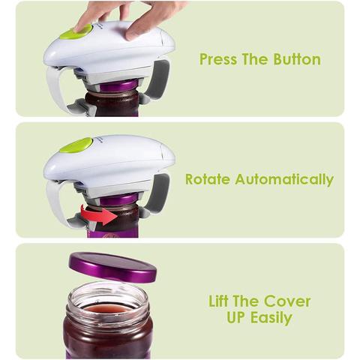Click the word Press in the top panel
coord(218,59)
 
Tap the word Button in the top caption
coord(297,59)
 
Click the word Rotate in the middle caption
coord(208,179)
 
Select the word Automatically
coord(284,180)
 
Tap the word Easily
coord(271,318)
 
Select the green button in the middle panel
coord(76,145)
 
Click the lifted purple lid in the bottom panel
coord(112,268)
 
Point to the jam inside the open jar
coord(107,310)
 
